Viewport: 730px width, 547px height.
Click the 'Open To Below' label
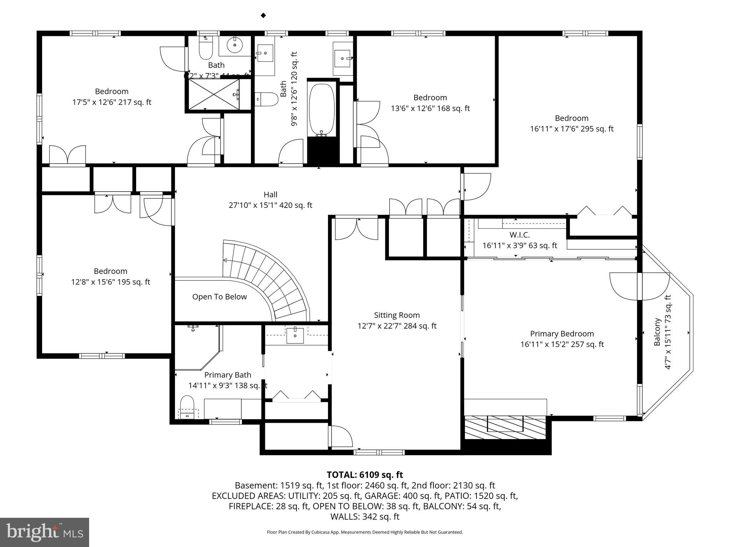pos(219,297)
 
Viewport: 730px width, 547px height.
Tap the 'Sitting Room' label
pos(397,315)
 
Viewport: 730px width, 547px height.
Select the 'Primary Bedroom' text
pos(562,334)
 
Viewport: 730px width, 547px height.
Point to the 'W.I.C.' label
pos(519,235)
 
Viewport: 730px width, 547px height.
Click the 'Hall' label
pos(270,194)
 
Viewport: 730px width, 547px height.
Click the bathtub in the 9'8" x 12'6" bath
pos(322,109)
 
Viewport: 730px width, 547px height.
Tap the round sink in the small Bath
pos(235,45)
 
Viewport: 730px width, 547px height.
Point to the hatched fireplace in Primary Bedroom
pos(505,427)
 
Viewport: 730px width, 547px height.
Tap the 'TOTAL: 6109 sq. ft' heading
pos(365,475)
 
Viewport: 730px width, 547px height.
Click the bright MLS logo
pos(45,532)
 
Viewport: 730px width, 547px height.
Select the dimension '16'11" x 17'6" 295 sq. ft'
pos(571,129)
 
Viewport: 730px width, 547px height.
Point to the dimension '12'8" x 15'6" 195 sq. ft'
pos(110,282)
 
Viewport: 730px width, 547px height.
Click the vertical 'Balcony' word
pos(657,332)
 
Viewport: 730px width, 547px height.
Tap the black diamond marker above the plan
pos(263,15)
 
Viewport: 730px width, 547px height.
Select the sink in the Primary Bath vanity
pos(295,335)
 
